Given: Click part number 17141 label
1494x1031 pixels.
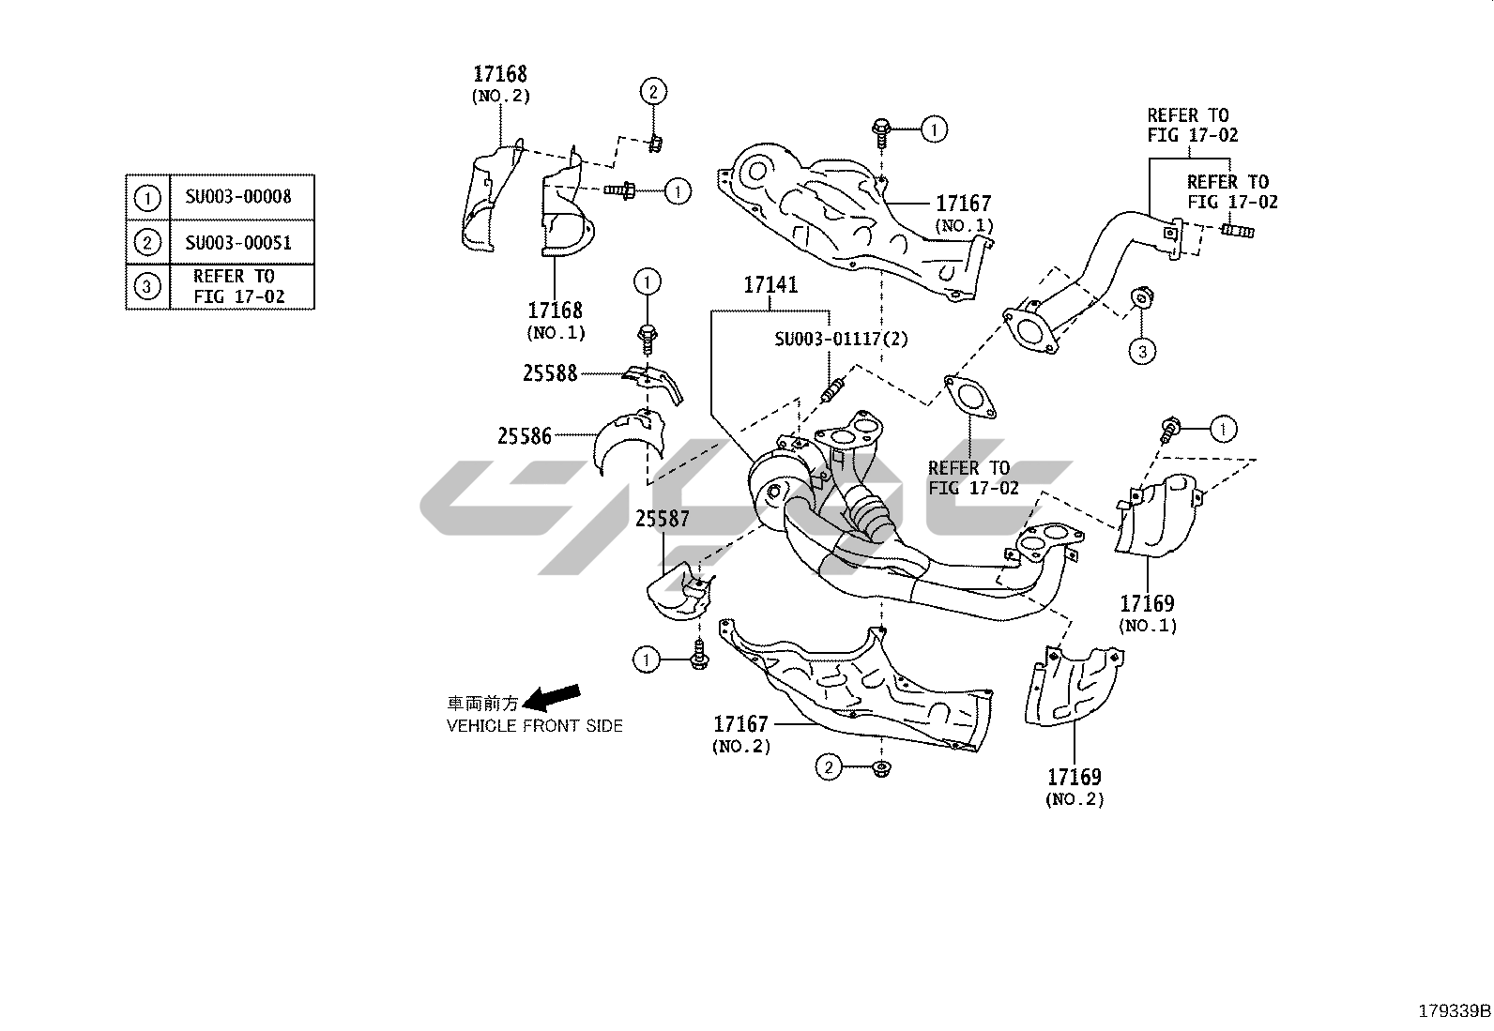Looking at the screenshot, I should pyautogui.click(x=770, y=284).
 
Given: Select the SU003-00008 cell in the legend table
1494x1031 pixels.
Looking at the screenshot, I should pyautogui.click(x=238, y=197).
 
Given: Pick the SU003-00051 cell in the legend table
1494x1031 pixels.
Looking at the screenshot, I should pyautogui.click(x=238, y=243).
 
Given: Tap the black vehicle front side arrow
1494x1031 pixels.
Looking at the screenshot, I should pyautogui.click(x=552, y=698).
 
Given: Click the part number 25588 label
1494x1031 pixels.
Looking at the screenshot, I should pyautogui.click(x=550, y=373).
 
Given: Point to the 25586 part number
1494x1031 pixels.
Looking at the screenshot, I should pyautogui.click(x=525, y=436).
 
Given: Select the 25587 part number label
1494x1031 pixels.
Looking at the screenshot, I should pyautogui.click(x=662, y=518).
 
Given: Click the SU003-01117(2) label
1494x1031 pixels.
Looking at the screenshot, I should pyautogui.click(x=841, y=339).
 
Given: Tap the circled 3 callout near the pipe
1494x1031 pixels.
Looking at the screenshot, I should pyautogui.click(x=1142, y=352).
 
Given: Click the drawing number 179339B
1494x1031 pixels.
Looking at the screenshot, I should pyautogui.click(x=1454, y=1011).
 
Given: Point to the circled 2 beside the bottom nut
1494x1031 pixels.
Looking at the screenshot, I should pyautogui.click(x=828, y=768).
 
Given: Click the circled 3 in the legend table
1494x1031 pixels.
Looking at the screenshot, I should pyautogui.click(x=147, y=286).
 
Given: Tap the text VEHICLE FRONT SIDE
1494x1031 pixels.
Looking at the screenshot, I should pyautogui.click(x=534, y=725).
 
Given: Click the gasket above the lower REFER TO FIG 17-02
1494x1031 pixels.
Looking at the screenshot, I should pyautogui.click(x=969, y=395).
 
